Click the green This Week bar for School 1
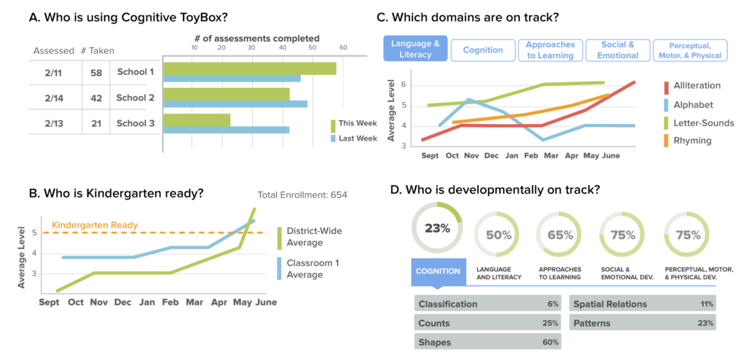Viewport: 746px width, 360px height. pos(249,69)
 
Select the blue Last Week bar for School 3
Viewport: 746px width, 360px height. pos(226,130)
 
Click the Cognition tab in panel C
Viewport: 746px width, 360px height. pos(482,50)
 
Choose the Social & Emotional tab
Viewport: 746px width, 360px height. pos(617,50)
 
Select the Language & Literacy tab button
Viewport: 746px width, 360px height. pos(415,50)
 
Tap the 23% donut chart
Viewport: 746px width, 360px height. pos(438,227)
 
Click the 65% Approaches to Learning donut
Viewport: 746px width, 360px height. pos(559,235)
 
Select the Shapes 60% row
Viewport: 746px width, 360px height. pos(488,342)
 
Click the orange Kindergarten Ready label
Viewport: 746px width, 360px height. pos(95,225)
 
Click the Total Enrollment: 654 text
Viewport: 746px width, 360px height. pos(303,195)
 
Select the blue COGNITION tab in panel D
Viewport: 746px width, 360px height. pos(438,271)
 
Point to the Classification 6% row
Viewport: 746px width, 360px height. pos(488,304)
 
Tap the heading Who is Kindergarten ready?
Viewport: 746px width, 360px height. pos(117,194)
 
